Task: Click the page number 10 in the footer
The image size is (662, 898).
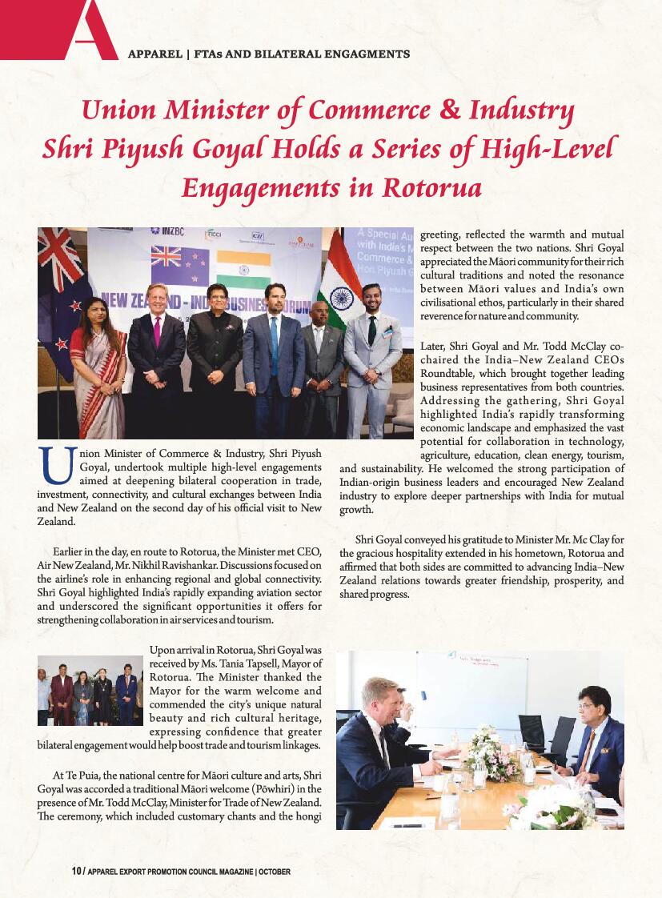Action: point(76,871)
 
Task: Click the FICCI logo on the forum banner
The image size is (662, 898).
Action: point(214,234)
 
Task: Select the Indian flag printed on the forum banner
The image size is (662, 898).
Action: point(243,270)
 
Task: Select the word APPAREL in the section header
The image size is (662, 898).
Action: point(154,54)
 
